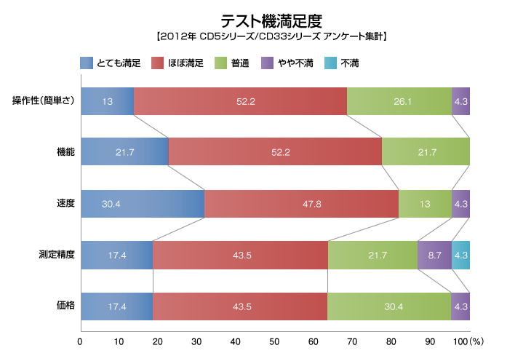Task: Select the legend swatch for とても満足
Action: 87,63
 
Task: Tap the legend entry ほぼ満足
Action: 177,63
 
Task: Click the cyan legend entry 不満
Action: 349,63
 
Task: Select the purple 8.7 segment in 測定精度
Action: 434,255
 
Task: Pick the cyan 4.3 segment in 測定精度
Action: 460,255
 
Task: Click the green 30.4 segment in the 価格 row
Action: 388,306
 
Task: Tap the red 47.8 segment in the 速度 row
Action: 301,204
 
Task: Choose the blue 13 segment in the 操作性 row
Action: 107,100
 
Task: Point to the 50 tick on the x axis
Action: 275,341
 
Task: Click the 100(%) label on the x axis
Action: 470,341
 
